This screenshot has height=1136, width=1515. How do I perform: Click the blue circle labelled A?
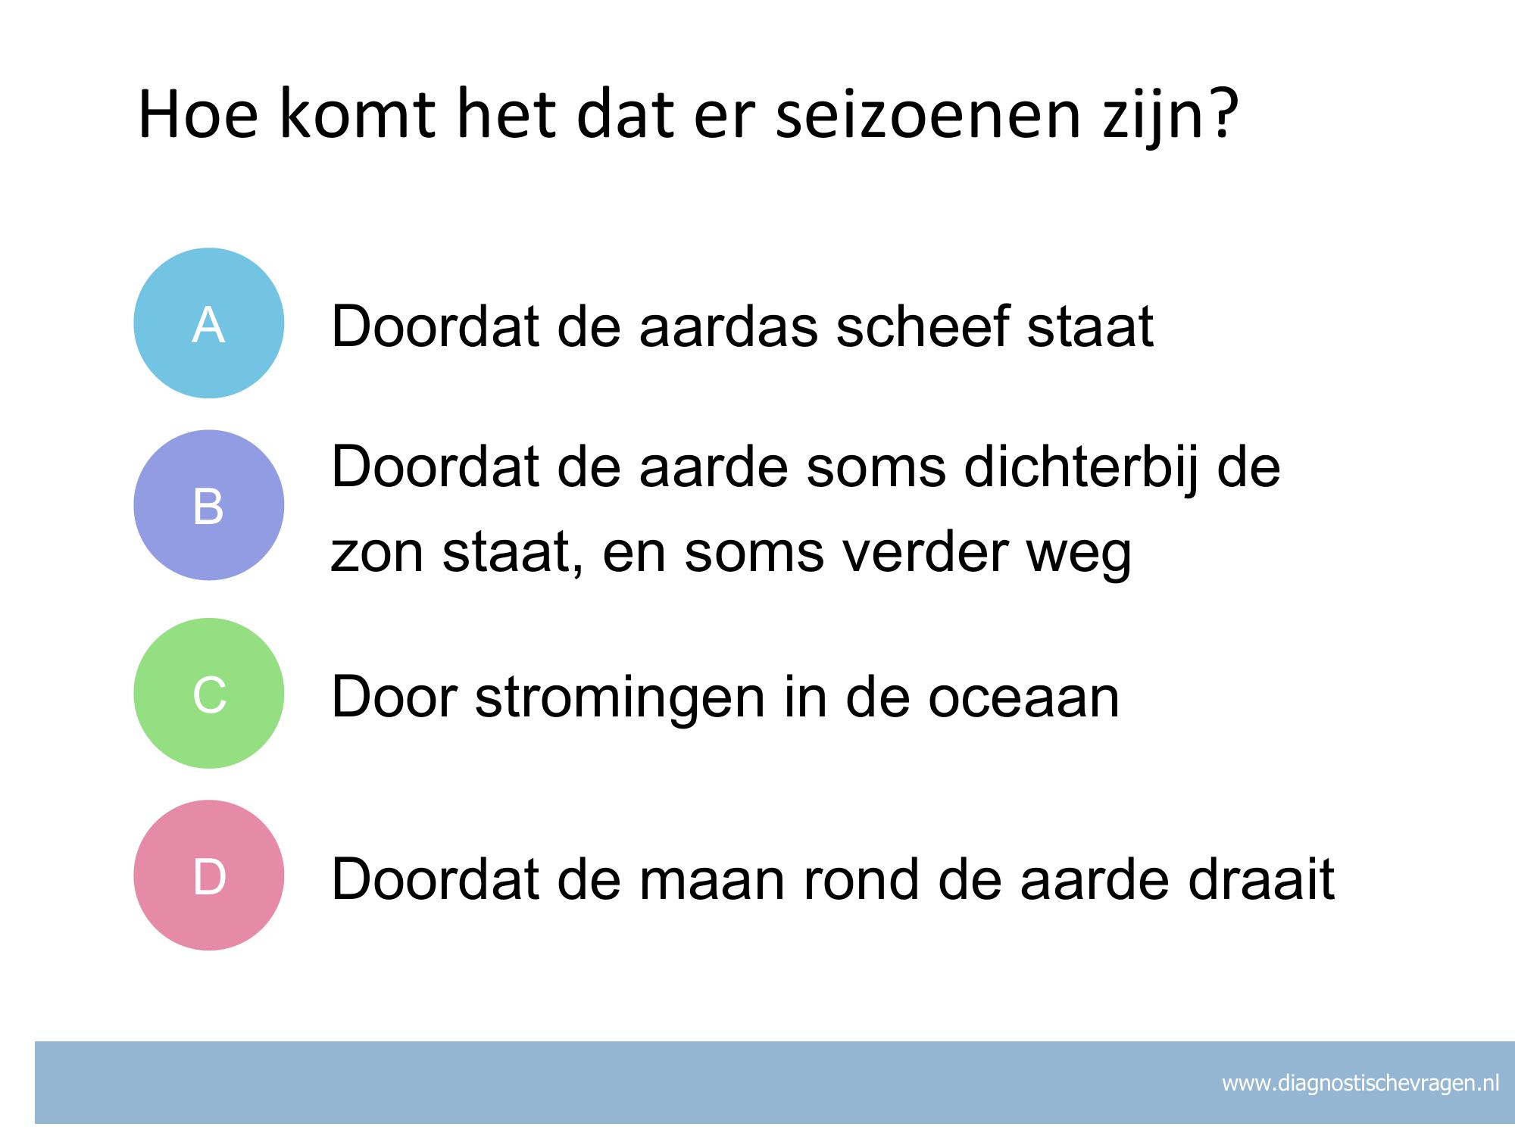tap(209, 323)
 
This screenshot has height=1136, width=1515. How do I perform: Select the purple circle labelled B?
tap(209, 505)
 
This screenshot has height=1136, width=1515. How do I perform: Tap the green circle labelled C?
tap(209, 693)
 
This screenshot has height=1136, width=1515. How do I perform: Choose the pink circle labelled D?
tap(209, 875)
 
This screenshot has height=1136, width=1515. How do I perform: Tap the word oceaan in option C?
tap(1023, 697)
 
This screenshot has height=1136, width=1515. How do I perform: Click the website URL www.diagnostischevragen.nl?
tap(1360, 1083)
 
